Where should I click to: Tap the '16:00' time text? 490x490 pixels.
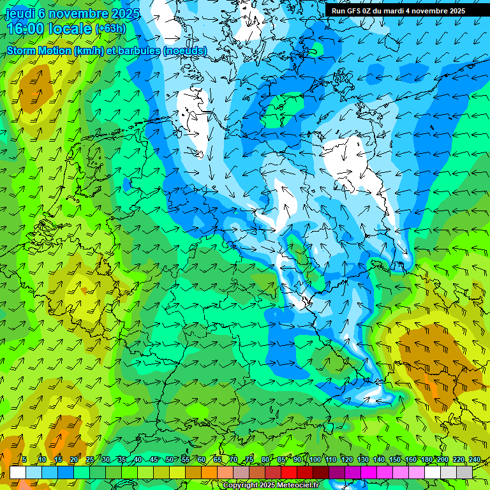25,29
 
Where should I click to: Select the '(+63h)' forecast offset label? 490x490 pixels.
110,28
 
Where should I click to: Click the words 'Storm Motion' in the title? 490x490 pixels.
39,50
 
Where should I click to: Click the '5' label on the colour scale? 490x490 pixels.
24,460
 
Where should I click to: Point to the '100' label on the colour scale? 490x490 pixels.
315,460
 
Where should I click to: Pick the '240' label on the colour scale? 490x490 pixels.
475,460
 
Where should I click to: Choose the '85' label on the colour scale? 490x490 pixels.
282,460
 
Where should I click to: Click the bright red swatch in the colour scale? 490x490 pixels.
289,472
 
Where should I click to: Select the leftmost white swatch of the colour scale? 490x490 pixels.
18,472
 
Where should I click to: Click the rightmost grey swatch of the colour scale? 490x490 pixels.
464,472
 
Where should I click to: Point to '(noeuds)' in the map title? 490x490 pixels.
185,50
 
